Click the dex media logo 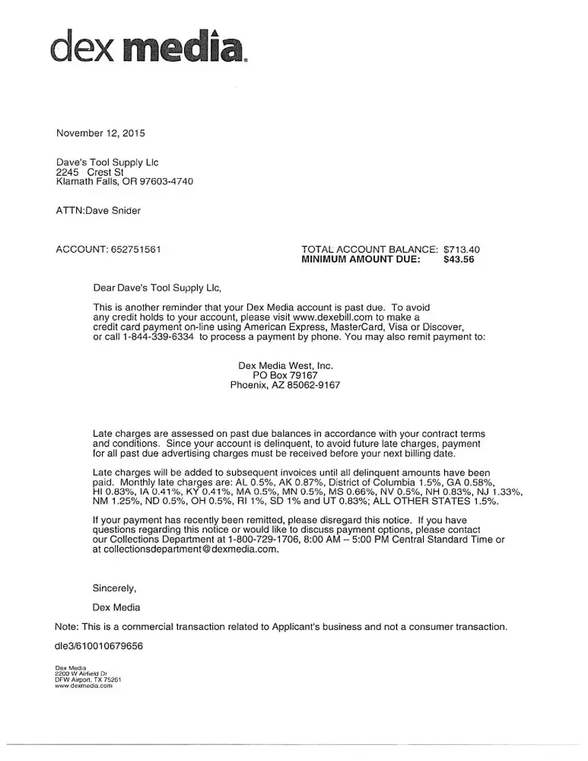[148, 47]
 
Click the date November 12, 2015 [100, 133]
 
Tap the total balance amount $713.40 [461, 249]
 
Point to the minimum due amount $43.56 [459, 259]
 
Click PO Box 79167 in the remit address [285, 375]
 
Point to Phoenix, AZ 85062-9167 [285, 385]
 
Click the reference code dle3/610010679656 [99, 646]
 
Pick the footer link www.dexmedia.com [84, 686]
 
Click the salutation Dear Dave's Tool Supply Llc [156, 288]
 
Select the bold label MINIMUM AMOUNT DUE [361, 259]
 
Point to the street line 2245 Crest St [90, 172]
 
